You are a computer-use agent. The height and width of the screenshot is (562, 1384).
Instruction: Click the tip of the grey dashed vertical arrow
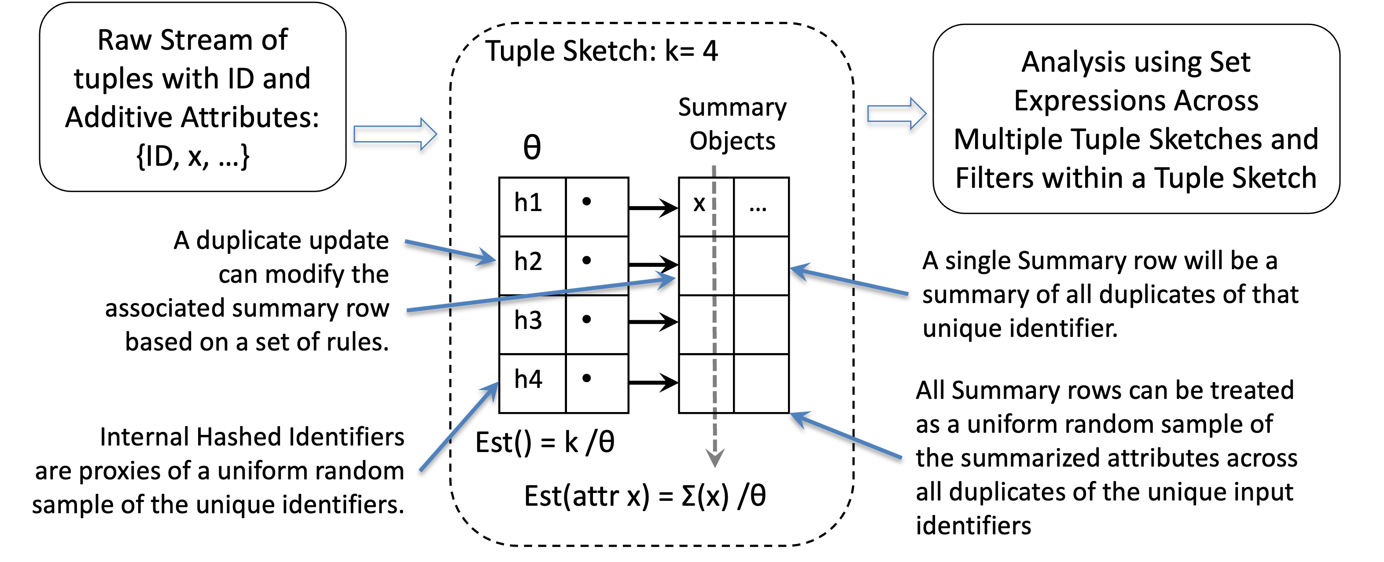[714, 467]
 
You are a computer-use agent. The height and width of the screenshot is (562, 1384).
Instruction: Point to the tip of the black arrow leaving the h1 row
[678, 207]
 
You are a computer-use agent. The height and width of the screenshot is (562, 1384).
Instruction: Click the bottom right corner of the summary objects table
[789, 413]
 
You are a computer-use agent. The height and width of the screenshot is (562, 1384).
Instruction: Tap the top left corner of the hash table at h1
[499, 178]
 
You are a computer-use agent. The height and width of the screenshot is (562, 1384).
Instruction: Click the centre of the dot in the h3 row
[587, 319]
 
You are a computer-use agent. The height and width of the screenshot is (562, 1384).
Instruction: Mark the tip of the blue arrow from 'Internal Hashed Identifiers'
[499, 382]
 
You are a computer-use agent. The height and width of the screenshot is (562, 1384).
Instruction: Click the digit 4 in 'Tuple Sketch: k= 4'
[710, 51]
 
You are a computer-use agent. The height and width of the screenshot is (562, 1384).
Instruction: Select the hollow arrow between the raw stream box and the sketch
[395, 134]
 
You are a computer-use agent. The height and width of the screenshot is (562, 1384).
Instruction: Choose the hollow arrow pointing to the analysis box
[897, 113]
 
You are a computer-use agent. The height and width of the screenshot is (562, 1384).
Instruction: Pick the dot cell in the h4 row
[597, 383]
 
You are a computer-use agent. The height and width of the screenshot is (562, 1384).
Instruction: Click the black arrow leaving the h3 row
[653, 322]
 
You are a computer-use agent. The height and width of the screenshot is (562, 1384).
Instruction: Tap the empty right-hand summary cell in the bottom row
[761, 383]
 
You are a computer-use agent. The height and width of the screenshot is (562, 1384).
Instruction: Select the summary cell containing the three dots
[761, 207]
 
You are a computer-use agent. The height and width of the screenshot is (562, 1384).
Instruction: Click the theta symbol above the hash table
[532, 148]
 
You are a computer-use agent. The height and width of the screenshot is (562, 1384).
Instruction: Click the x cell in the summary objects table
[706, 207]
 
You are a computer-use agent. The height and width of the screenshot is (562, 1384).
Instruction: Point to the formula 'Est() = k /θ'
[545, 443]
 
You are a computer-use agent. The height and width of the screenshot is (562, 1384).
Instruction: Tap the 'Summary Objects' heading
[732, 124]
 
